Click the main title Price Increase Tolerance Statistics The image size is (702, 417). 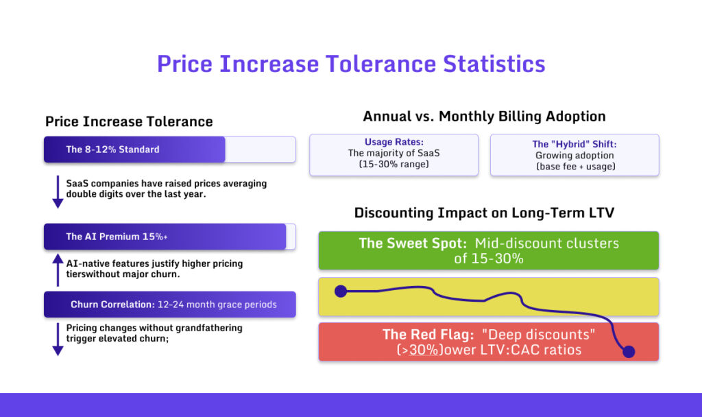tap(351, 64)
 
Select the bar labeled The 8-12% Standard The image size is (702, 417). tap(134, 150)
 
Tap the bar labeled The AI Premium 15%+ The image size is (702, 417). tap(165, 237)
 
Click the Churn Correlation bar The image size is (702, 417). tap(169, 305)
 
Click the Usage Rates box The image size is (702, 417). tap(394, 154)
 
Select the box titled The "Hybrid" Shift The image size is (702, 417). tap(574, 154)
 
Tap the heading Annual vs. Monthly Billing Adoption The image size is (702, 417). tap(484, 116)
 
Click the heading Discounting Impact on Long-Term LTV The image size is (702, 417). tap(484, 213)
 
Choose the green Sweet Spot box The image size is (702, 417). tap(488, 250)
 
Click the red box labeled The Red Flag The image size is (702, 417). tap(488, 342)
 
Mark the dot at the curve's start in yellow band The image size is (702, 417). tap(340, 291)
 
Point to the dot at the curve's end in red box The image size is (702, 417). tap(629, 352)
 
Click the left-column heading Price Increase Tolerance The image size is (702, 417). tap(129, 121)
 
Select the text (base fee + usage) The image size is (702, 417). tap(574, 166)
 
